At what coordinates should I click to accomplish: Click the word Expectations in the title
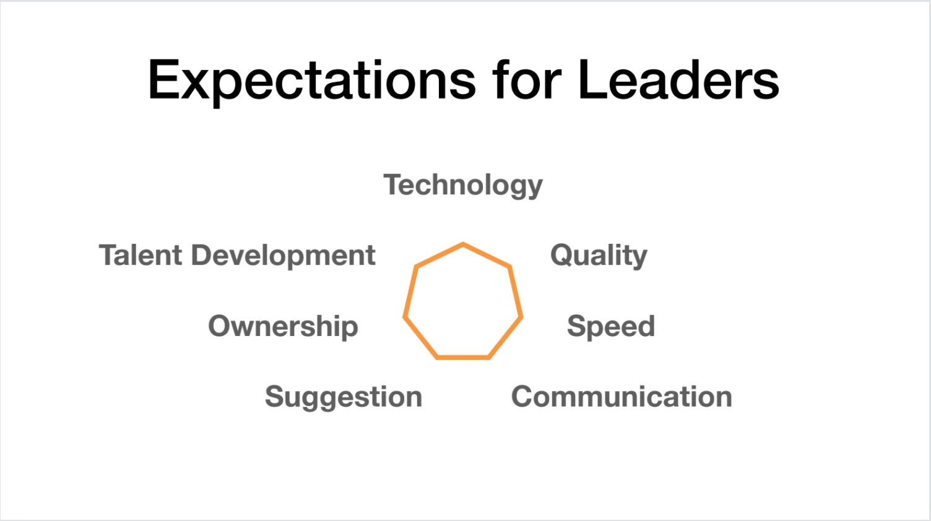click(x=312, y=82)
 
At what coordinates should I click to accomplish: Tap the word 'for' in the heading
click(x=527, y=79)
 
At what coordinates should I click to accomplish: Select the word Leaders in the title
click(x=678, y=79)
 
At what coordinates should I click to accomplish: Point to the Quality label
click(x=599, y=256)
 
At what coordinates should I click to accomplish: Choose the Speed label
click(x=611, y=327)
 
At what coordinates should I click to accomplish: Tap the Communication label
click(x=621, y=397)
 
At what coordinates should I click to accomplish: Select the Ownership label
click(x=283, y=327)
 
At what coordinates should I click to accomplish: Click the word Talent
click(x=141, y=255)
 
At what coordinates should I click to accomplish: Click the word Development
click(x=284, y=256)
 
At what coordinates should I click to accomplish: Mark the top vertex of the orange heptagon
click(x=463, y=244)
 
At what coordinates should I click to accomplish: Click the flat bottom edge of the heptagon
click(x=463, y=357)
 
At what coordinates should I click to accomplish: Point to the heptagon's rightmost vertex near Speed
click(x=521, y=317)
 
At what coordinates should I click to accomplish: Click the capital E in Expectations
click(x=164, y=80)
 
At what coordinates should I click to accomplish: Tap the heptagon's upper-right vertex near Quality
click(x=509, y=266)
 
